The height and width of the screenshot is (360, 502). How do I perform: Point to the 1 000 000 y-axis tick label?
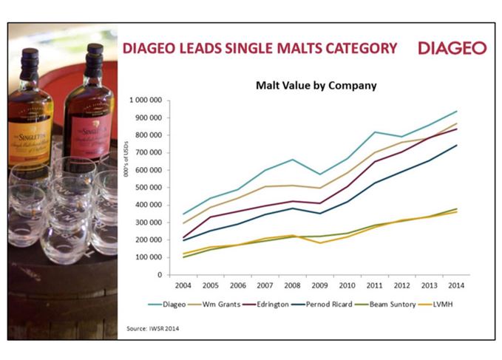point(145,100)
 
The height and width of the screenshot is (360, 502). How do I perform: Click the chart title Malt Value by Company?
point(316,86)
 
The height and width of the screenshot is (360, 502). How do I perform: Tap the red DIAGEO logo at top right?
point(452,48)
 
